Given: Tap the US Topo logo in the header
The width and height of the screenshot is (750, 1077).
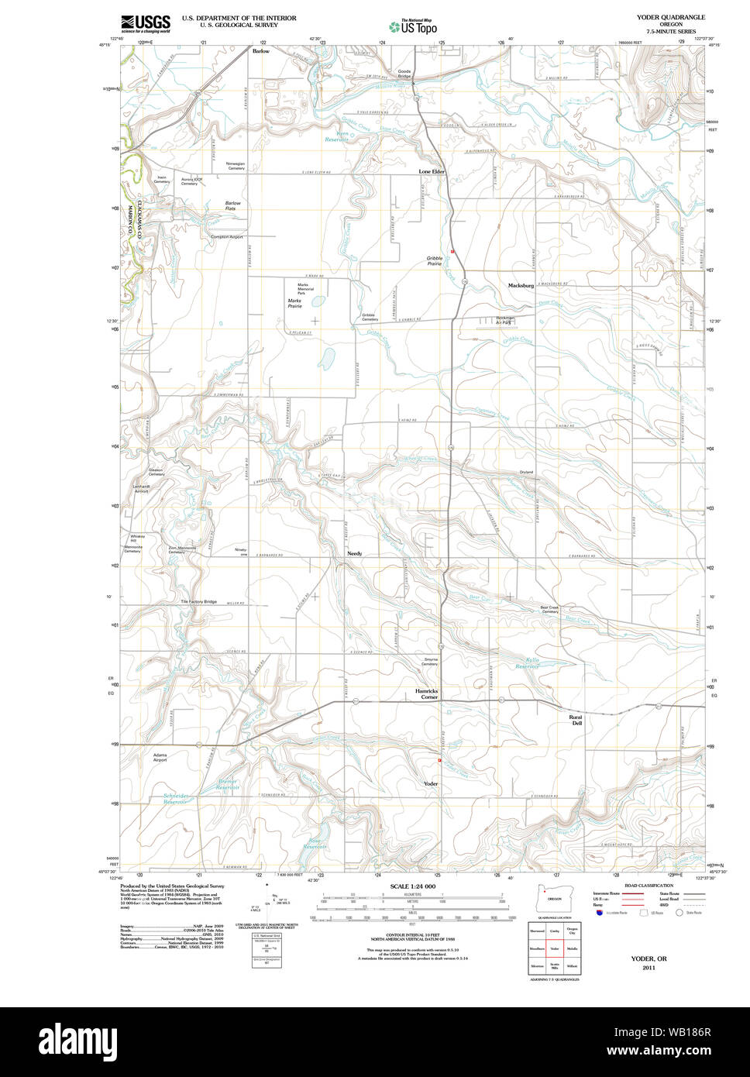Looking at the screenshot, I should point(413,26).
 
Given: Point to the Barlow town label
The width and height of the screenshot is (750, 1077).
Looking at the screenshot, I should point(261,50).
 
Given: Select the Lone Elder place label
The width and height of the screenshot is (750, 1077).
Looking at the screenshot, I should point(432,171).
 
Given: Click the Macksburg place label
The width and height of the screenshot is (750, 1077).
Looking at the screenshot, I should point(521,286).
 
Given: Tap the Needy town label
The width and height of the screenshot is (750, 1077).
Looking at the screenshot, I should point(354,554).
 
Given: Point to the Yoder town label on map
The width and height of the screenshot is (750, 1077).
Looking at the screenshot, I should point(432,784).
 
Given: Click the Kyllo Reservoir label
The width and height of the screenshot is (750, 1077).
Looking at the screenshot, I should point(528,663).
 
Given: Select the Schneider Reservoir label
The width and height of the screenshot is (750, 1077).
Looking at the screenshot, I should point(175,799).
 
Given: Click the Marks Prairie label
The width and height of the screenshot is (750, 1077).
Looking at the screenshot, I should point(294,303).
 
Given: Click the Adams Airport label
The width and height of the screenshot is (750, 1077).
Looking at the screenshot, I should point(160,757).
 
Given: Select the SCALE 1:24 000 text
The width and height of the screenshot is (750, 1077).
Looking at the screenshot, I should point(413,886).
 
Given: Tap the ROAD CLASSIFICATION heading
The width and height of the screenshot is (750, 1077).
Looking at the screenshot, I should point(649,885).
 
